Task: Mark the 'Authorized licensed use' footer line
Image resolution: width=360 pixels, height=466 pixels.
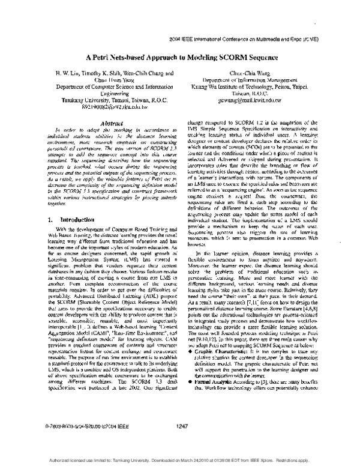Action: point(180,459)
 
